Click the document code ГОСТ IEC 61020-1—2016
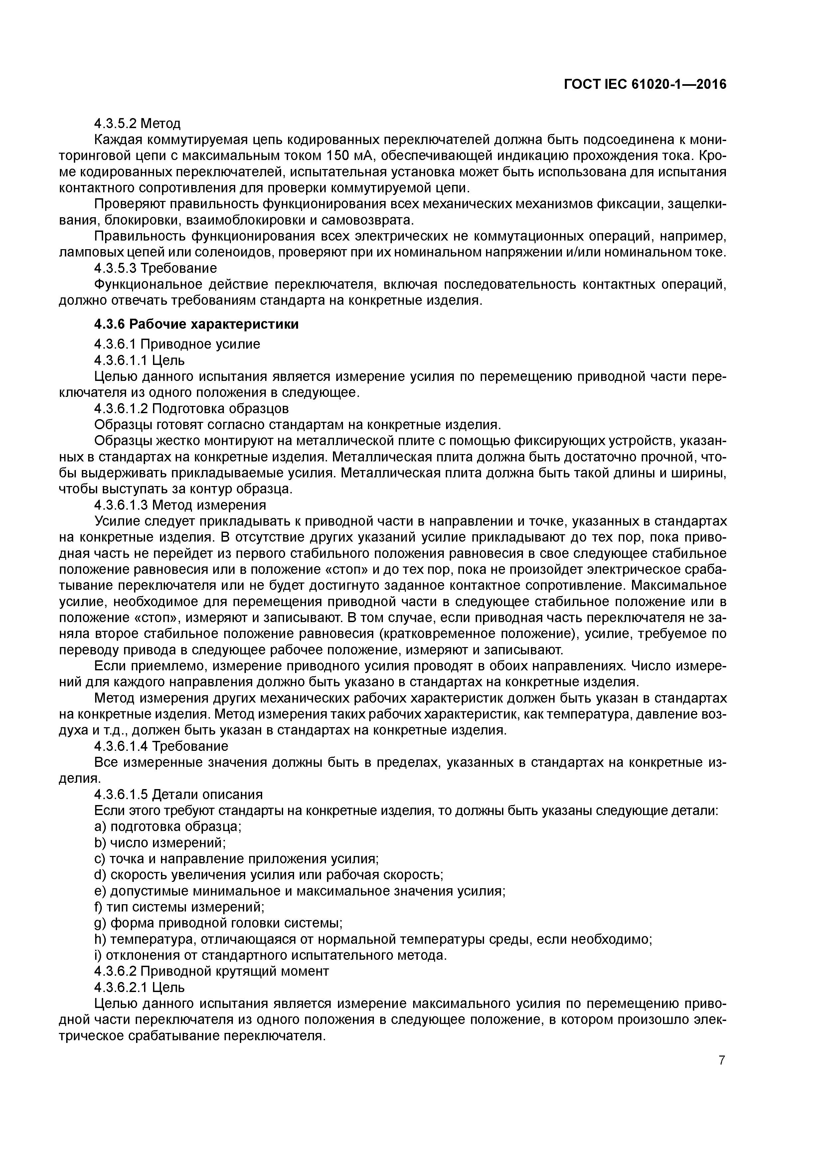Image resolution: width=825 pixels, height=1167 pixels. point(645,85)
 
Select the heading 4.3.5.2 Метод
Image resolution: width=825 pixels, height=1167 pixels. point(137,123)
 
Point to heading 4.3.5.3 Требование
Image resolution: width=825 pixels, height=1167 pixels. point(156,268)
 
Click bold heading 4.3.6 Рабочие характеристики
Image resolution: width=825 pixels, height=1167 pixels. point(196,324)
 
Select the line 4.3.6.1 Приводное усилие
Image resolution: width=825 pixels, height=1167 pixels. point(177,344)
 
